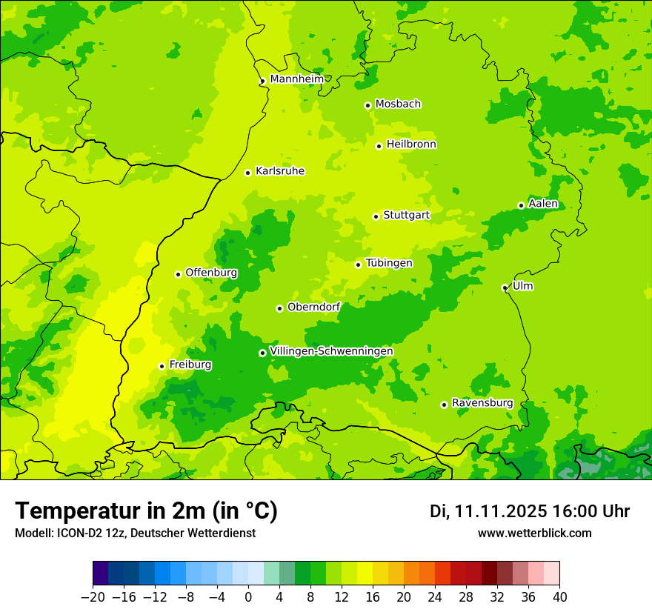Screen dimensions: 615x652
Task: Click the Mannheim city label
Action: pyautogui.click(x=296, y=79)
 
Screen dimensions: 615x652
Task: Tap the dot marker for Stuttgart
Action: pyautogui.click(x=376, y=216)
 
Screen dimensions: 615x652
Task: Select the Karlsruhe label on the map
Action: pyautogui.click(x=279, y=171)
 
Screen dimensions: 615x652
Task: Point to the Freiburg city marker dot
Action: pyautogui.click(x=162, y=366)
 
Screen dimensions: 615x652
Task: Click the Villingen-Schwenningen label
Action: pyautogui.click(x=331, y=351)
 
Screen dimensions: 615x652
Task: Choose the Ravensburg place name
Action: pyautogui.click(x=482, y=403)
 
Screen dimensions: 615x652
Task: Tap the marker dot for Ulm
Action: pyautogui.click(x=505, y=288)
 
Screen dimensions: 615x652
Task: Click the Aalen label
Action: pyautogui.click(x=543, y=204)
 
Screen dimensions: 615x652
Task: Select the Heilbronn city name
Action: pyautogui.click(x=411, y=144)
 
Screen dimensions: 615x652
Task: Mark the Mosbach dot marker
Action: pyautogui.click(x=367, y=105)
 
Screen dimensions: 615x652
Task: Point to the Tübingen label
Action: pyautogui.click(x=389, y=263)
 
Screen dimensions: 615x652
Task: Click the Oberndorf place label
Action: pyautogui.click(x=313, y=307)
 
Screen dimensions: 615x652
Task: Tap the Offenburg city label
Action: pyautogui.click(x=211, y=273)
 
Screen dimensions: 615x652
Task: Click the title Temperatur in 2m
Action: pyautogui.click(x=146, y=511)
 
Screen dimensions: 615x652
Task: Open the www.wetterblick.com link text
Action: pyautogui.click(x=534, y=533)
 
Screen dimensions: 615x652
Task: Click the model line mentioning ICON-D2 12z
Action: pyautogui.click(x=135, y=533)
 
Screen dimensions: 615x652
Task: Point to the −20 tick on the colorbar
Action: pyautogui.click(x=93, y=596)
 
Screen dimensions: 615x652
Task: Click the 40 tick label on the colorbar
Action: pyautogui.click(x=559, y=596)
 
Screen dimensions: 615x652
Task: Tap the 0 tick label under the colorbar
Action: pyautogui.click(x=248, y=596)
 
